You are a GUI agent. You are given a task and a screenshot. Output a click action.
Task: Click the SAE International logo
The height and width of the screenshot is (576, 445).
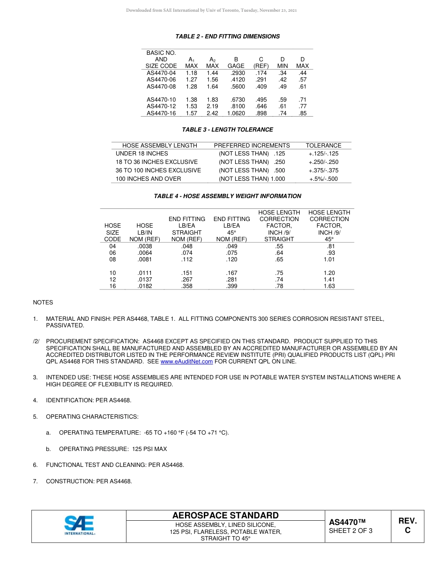80,525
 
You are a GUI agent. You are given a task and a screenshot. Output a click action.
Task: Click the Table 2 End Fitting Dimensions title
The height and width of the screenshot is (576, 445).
227,37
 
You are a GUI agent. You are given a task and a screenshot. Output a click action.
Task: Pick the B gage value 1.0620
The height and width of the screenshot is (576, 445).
236,113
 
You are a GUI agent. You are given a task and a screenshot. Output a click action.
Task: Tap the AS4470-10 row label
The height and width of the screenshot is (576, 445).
161,100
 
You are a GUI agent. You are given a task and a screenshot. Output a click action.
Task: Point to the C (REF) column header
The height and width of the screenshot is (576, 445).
261,63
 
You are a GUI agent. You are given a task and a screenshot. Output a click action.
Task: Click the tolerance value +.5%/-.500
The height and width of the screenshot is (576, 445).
323,179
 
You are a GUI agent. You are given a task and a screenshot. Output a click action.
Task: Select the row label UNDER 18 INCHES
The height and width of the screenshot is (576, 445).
141,154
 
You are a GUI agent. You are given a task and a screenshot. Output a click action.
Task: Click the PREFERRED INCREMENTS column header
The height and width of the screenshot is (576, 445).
252,146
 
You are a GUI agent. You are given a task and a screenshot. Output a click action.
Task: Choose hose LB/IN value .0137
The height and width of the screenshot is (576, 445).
145,280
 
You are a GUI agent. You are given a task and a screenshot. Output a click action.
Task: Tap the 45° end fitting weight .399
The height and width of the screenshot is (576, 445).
231,286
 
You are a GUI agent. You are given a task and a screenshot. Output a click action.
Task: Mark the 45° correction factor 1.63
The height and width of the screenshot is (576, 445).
329,286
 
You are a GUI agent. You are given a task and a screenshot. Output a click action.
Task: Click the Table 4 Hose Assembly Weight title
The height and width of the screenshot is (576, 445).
227,196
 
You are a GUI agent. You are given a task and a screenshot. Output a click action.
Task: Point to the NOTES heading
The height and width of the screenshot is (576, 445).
43,303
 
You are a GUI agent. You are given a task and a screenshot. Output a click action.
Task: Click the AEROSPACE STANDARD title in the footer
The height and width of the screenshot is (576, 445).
225,516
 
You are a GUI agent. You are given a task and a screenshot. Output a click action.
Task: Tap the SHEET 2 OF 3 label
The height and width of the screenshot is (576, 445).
350,531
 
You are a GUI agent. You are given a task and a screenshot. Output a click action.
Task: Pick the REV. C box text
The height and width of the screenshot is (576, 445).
407,525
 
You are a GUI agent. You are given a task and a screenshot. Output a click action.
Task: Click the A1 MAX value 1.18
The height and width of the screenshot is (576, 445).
191,73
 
